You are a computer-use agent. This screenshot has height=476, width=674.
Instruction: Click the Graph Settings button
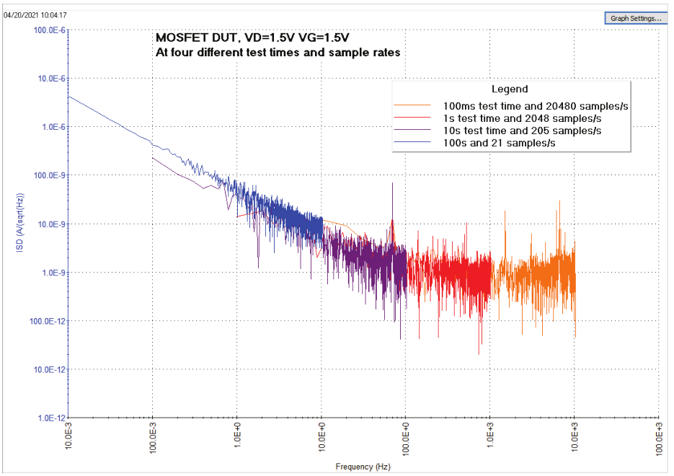click(634, 18)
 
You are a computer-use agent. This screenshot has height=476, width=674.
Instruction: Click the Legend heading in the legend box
click(510, 89)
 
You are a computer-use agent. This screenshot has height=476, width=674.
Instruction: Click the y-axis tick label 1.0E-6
click(50, 127)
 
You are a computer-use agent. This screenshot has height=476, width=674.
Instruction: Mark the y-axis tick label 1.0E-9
click(50, 273)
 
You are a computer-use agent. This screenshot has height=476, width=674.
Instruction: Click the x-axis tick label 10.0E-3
click(68, 437)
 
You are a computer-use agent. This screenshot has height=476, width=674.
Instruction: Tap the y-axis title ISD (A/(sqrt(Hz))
click(22, 224)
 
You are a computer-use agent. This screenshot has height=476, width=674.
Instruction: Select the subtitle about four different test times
click(278, 53)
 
